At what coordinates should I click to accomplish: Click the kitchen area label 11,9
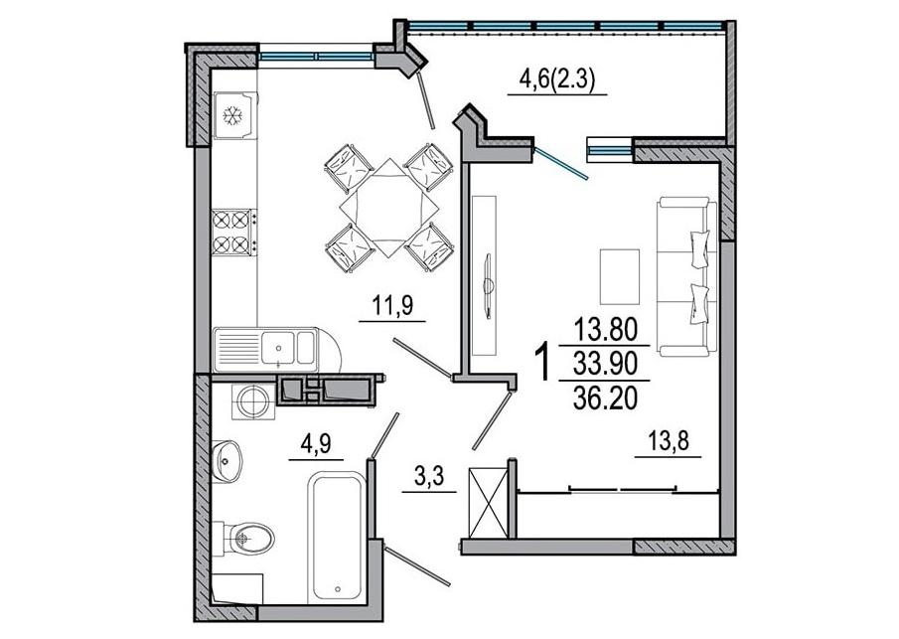coord(392,306)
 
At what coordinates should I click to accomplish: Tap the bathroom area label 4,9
coord(315,444)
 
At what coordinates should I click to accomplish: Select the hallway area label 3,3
coord(429,476)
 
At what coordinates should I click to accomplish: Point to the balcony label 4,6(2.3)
coord(557,78)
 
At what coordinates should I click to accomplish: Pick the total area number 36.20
coord(605,397)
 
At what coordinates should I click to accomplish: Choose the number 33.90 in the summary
coord(605,363)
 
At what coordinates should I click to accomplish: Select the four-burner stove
coord(233,233)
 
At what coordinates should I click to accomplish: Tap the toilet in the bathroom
coord(244,538)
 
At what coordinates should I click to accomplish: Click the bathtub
coord(336,538)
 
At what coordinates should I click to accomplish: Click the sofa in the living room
coord(686,276)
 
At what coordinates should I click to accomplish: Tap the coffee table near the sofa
coord(620,276)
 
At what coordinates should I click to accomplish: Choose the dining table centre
coord(389,208)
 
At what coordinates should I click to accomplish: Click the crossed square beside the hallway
coord(489,503)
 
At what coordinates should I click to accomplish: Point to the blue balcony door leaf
coord(561,164)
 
